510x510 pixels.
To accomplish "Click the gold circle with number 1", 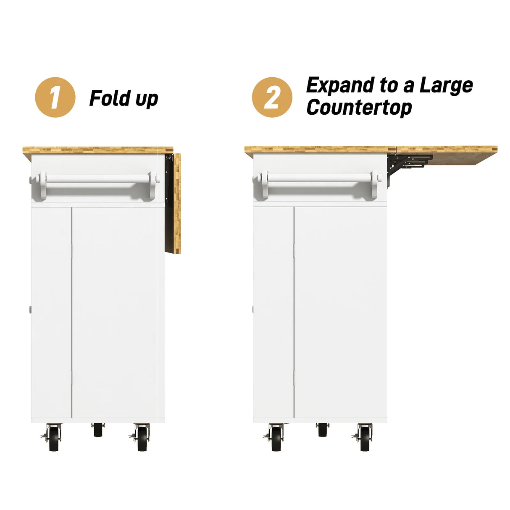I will tap(55, 97).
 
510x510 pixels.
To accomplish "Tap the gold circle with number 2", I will tap(272, 97).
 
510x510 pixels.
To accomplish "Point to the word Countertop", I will tap(359, 108).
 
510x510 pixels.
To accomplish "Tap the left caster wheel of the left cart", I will tap(54, 438).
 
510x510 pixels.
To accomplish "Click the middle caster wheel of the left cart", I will tap(98, 430).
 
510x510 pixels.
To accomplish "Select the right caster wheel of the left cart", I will tap(142, 438).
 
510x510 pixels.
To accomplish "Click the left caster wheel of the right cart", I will tap(276, 438).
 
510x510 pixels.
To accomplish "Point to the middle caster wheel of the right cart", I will tap(322, 430).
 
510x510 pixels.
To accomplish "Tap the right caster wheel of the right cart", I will tap(365, 438).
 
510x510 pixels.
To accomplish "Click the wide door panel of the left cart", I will tap(118, 313).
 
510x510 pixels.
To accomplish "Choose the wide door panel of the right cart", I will tap(340, 313).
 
